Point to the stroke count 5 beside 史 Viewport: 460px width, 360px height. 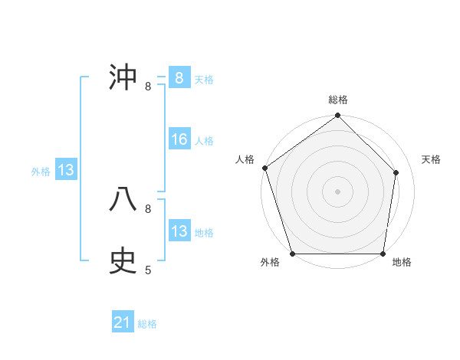pyautogui.click(x=148, y=270)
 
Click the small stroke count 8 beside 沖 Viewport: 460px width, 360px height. pyautogui.click(x=148, y=87)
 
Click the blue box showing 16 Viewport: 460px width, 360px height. pyautogui.click(x=179, y=139)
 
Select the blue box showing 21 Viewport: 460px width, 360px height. pyautogui.click(x=123, y=322)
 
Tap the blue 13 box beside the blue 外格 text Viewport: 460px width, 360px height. pyautogui.click(x=66, y=170)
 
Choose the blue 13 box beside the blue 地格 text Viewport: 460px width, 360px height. pyautogui.click(x=179, y=231)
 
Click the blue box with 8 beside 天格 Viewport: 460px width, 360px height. pyautogui.click(x=179, y=78)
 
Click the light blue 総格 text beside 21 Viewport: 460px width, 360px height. pyautogui.click(x=147, y=324)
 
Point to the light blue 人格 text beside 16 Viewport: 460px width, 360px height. pyautogui.click(x=204, y=141)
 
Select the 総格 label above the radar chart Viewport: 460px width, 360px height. pyautogui.click(x=338, y=100)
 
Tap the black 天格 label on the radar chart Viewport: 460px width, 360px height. pyautogui.click(x=431, y=159)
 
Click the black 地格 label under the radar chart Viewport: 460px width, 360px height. pyautogui.click(x=402, y=263)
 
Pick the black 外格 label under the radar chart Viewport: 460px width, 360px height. pyautogui.click(x=270, y=263)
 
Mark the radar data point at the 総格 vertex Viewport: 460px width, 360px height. pyautogui.click(x=338, y=116)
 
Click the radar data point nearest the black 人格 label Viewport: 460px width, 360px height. pyautogui.click(x=264, y=168)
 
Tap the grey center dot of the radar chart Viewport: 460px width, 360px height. pyautogui.click(x=338, y=191)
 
